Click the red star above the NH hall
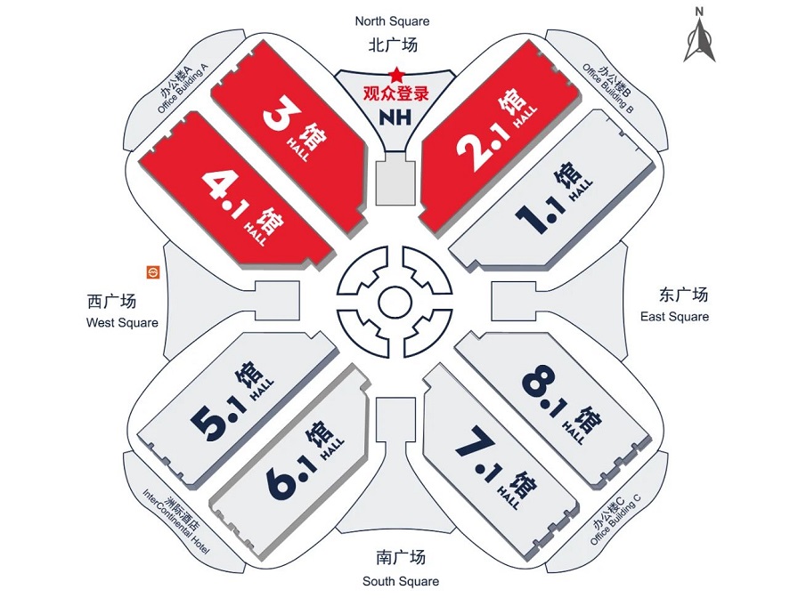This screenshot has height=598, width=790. [x=396, y=75]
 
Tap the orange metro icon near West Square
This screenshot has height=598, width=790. [x=152, y=272]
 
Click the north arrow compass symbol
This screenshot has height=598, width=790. [x=699, y=36]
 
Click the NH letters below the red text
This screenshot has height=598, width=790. [x=395, y=117]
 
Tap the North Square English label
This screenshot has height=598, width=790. [x=392, y=21]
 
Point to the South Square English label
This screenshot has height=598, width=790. [x=401, y=581]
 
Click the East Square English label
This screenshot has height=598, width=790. [x=674, y=317]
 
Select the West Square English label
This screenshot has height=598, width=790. [x=122, y=323]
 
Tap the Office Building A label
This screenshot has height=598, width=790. [x=183, y=89]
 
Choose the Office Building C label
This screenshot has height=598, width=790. [x=615, y=520]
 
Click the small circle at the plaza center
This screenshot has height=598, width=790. [x=395, y=302]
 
